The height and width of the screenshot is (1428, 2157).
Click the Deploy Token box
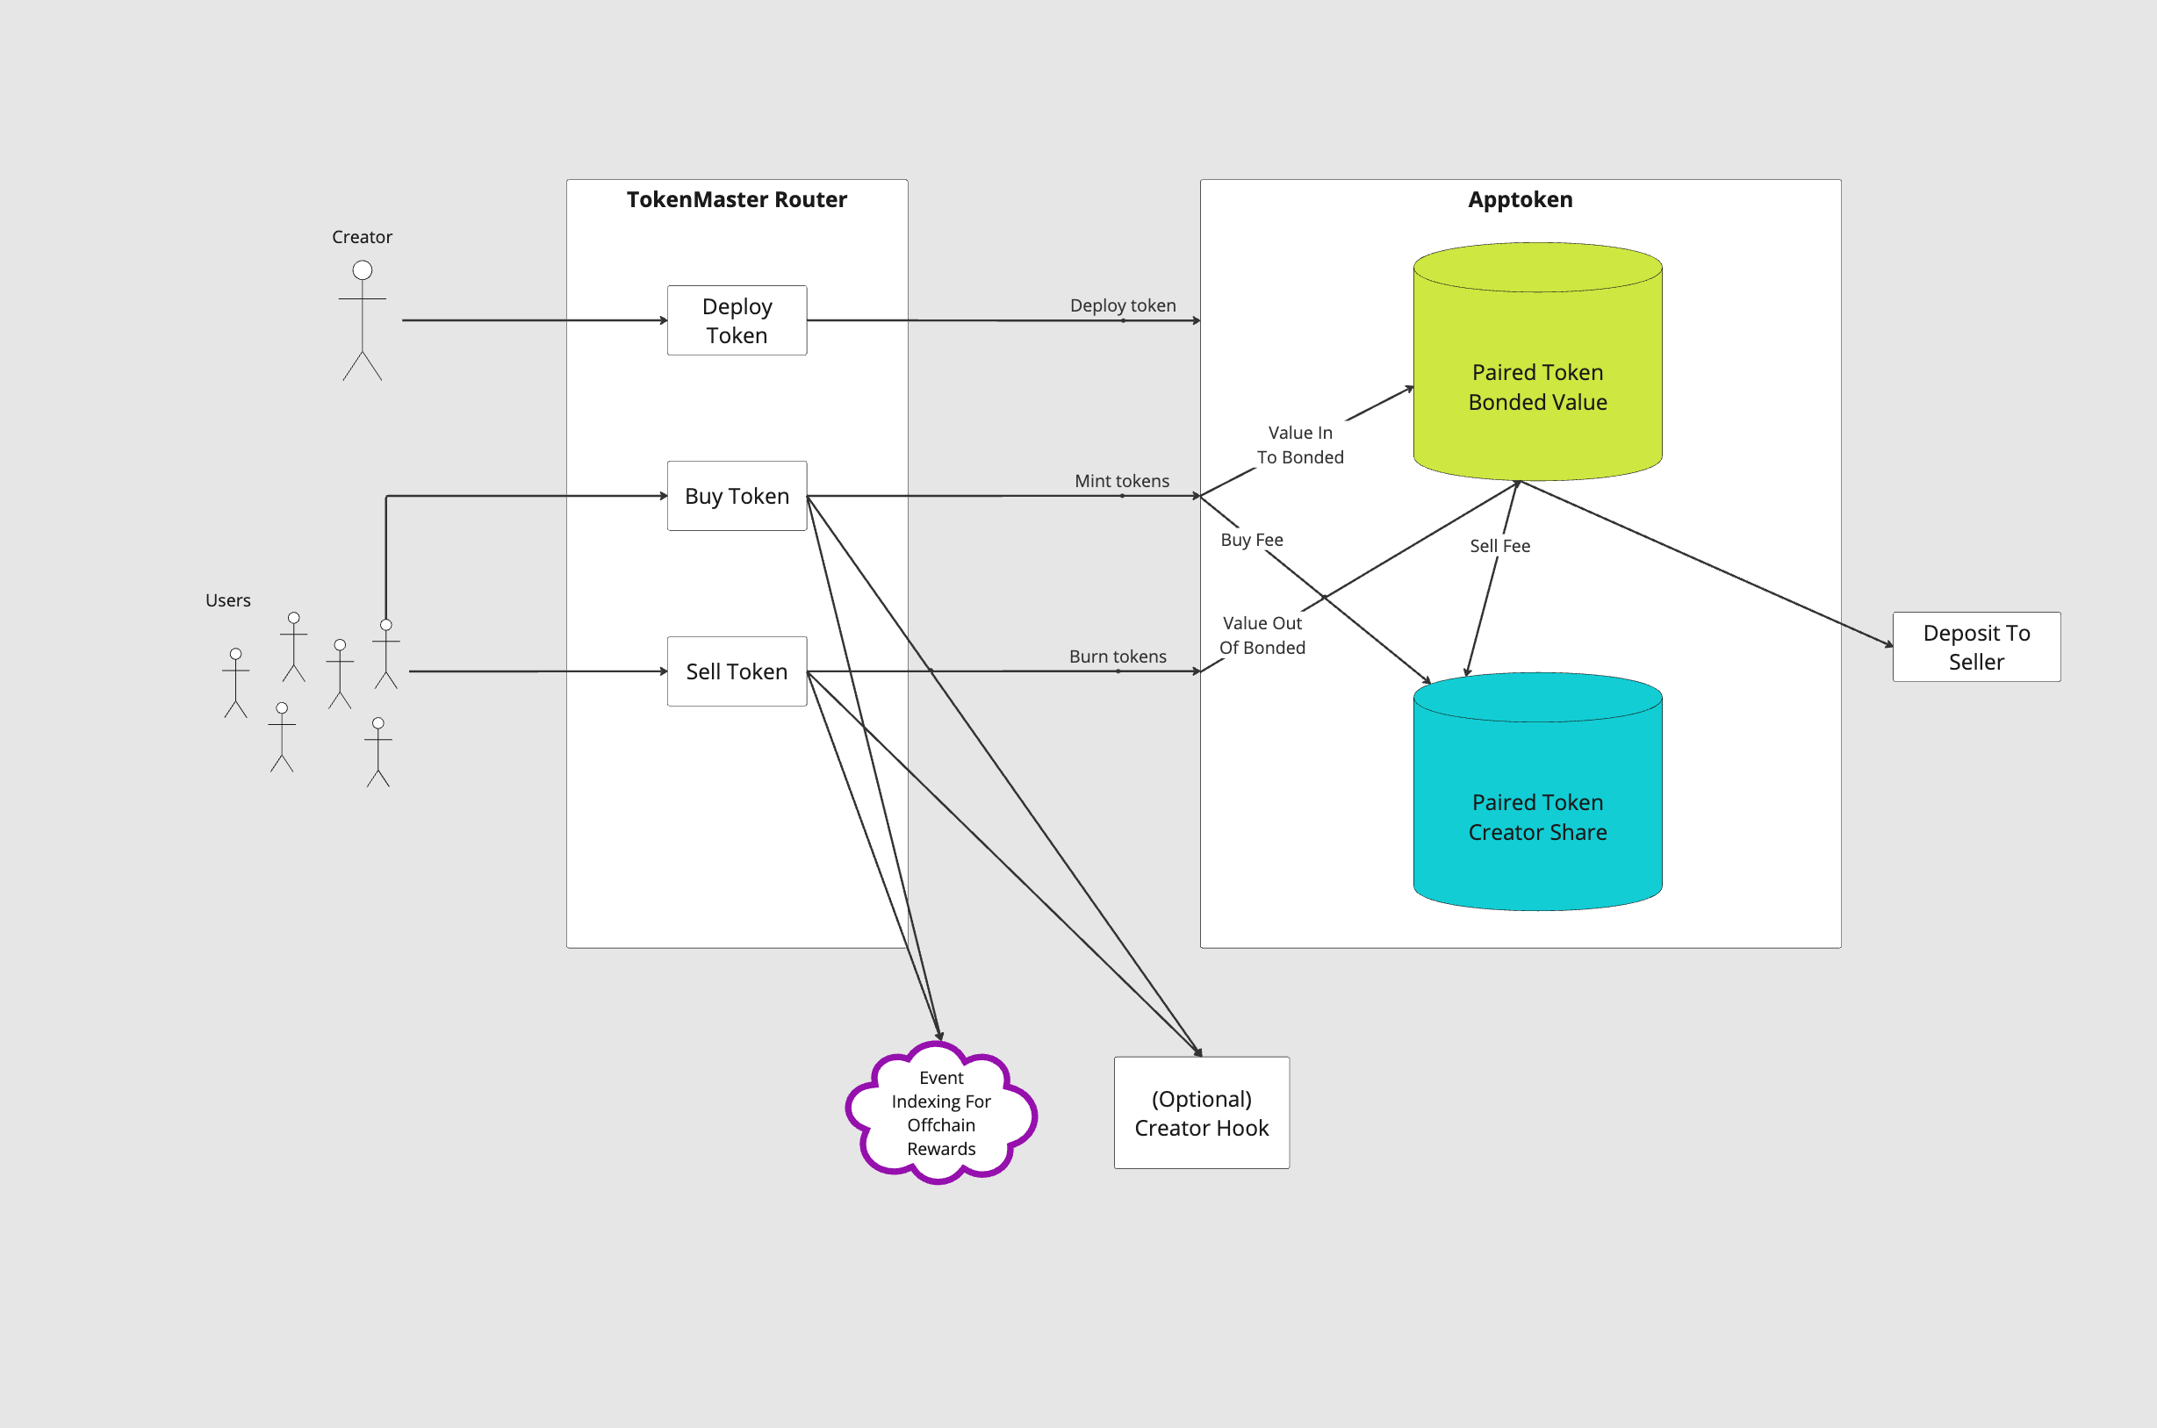(x=736, y=320)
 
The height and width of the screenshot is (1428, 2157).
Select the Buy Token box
(x=736, y=497)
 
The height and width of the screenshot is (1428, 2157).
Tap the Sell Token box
(x=736, y=671)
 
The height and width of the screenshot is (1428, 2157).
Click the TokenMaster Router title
(x=736, y=199)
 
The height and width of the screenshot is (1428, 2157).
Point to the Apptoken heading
(x=1520, y=199)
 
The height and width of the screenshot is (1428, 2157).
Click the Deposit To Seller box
(x=1976, y=647)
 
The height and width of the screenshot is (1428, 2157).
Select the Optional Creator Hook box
(x=1201, y=1112)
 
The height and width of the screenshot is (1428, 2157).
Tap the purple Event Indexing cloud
(x=940, y=1112)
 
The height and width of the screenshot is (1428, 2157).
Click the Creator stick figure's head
(x=363, y=270)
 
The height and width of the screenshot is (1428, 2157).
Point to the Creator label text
(x=362, y=237)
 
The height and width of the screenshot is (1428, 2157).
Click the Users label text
(x=227, y=600)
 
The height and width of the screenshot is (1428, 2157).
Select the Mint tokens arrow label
(x=1121, y=481)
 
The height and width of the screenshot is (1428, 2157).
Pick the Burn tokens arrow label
(x=1117, y=657)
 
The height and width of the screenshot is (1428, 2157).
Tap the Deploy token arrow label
(x=1122, y=305)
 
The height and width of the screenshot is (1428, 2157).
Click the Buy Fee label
(x=1251, y=540)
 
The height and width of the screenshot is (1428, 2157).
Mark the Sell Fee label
(x=1499, y=546)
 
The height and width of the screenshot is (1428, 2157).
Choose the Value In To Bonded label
(x=1300, y=444)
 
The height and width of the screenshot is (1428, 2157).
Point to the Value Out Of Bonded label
(x=1262, y=635)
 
